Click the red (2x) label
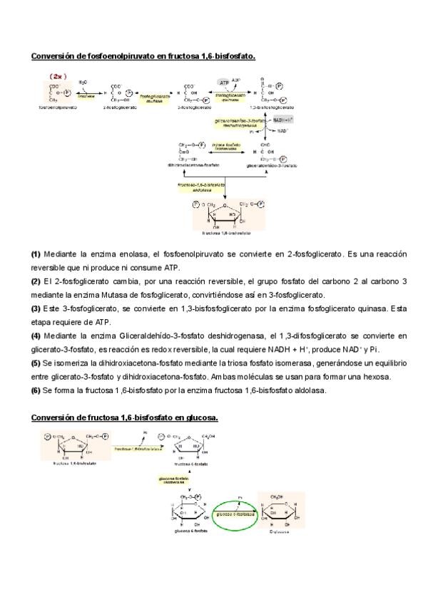click(x=56, y=75)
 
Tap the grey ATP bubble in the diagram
click(x=223, y=83)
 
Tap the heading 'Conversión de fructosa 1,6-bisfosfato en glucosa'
click(x=125, y=417)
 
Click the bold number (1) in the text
click(x=36, y=254)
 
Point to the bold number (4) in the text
click(x=36, y=335)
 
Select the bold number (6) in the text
click(x=36, y=390)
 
